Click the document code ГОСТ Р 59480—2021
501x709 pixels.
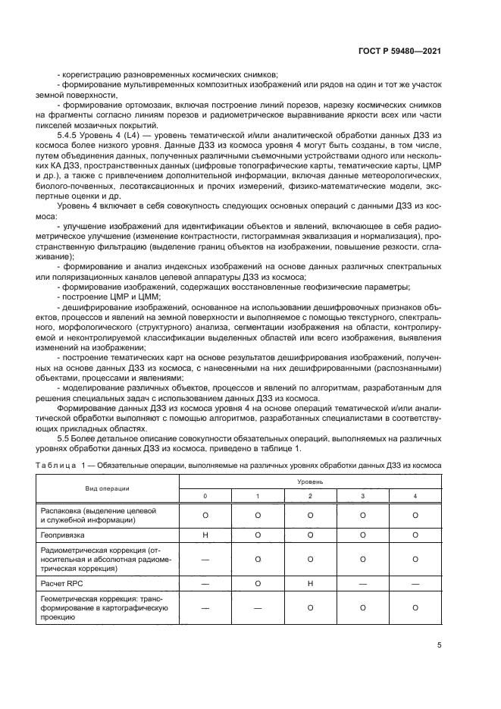click(400, 50)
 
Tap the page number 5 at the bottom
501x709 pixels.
click(439, 646)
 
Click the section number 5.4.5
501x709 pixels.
click(78, 134)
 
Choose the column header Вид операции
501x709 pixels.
click(107, 489)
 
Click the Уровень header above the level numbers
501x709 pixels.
click(311, 482)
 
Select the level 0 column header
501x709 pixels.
click(205, 495)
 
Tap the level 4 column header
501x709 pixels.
click(415, 495)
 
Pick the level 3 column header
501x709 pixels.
click(363, 495)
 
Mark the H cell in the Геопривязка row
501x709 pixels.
click(205, 535)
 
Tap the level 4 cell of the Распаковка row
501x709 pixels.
click(415, 515)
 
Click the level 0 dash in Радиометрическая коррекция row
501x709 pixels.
click(205, 559)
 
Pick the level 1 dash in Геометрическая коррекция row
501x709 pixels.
click(258, 607)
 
